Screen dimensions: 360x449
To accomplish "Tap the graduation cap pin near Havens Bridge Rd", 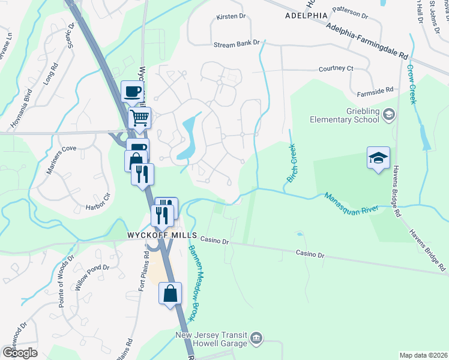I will [x=378, y=158].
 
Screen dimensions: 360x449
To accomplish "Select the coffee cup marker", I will [x=132, y=92].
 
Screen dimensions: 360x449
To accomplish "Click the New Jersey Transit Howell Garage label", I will [x=211, y=339].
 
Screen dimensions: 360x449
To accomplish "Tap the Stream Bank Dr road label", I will [x=237, y=43].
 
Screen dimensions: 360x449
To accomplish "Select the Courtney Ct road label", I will [x=336, y=68].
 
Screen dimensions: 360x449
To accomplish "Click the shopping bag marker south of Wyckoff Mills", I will [x=170, y=295].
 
